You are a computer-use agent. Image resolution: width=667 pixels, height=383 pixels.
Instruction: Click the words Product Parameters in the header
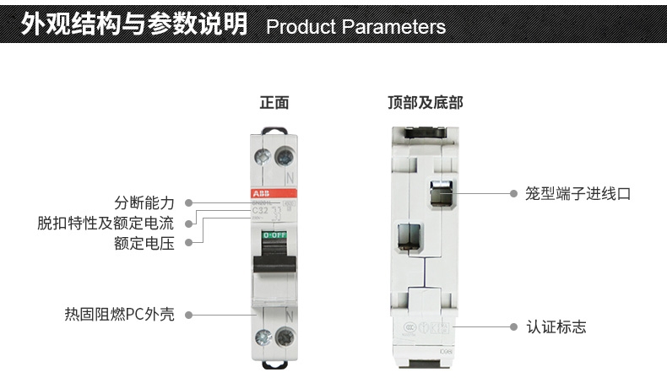coord(355,27)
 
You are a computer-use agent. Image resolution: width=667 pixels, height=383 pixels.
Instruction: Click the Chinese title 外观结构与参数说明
coord(135,25)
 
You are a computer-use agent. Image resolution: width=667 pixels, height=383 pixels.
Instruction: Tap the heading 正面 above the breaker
coord(274,103)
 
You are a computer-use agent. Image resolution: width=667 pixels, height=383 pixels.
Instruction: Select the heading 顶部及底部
coord(425,103)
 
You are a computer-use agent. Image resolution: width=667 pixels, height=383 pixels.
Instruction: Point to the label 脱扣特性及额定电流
coord(106,224)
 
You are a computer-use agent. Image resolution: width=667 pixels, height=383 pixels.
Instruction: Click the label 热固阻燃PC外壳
coord(119,315)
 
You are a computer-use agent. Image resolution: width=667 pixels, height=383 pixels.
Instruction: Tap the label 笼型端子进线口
coord(578,193)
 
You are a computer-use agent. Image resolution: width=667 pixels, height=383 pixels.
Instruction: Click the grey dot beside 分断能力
coord(188,203)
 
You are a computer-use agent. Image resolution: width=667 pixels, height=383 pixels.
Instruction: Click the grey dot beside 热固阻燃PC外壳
coord(188,315)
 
